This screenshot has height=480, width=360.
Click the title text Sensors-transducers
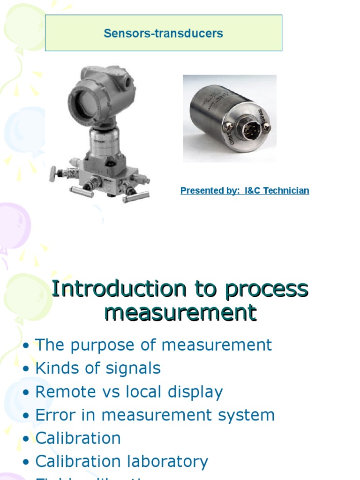(163, 33)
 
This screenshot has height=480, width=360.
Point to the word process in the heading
(266, 289)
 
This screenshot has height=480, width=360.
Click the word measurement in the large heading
(180, 313)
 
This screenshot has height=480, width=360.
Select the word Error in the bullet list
(53, 415)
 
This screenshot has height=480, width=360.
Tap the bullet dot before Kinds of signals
(26, 369)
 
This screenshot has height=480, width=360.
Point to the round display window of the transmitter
(84, 101)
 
